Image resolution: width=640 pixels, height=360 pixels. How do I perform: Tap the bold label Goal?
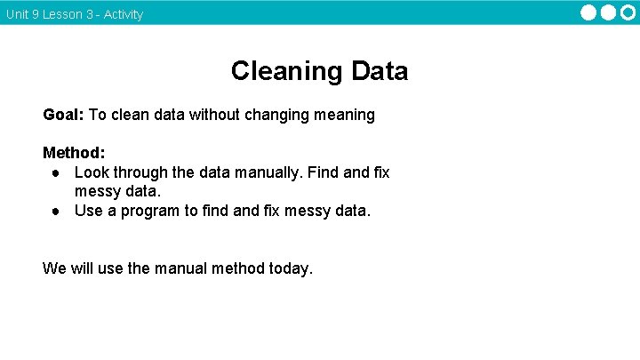[x=63, y=115]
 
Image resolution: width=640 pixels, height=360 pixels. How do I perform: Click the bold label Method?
[x=74, y=153]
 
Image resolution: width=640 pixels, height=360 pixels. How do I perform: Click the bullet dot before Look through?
[x=55, y=172]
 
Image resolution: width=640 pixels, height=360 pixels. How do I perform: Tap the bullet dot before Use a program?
[x=55, y=212]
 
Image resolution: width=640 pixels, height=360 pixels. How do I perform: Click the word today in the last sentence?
[x=289, y=268]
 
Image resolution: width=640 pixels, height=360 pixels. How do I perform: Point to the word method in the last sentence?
[x=237, y=268]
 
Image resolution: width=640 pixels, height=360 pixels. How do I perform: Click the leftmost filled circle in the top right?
[x=589, y=12]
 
